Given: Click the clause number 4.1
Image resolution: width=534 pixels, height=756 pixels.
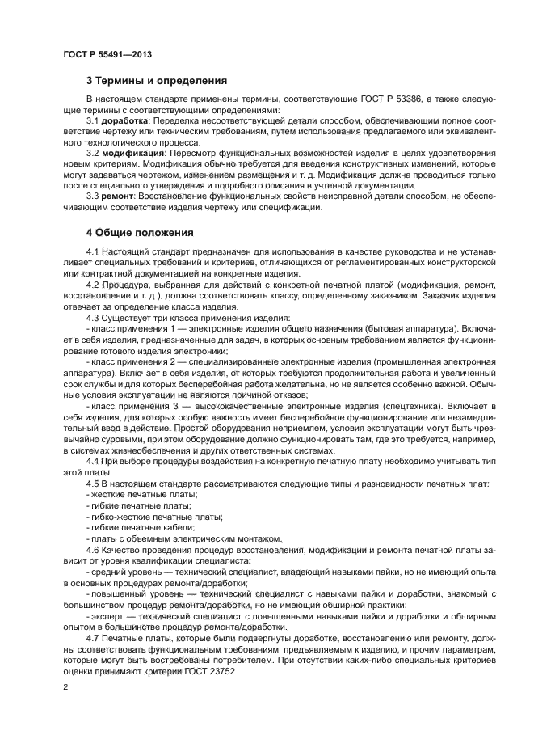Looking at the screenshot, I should [93, 253].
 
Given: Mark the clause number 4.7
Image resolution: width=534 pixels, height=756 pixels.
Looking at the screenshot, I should [93, 639].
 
